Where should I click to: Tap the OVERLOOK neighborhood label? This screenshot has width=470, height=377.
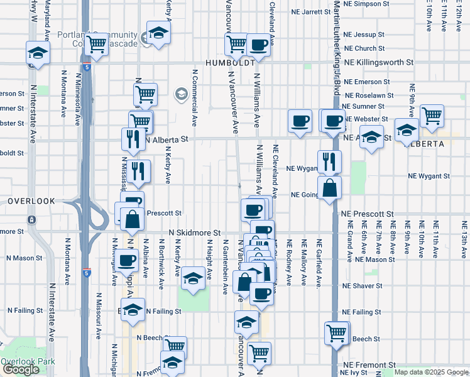pos(31,201)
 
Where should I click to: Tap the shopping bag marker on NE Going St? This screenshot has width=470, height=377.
pos(330,187)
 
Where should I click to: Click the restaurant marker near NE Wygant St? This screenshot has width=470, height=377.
pos(329,161)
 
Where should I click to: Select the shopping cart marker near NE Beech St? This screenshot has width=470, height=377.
pos(337,332)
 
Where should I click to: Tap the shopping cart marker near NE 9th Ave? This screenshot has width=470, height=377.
pos(432,116)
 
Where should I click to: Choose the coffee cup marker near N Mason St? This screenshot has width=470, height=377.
pos(127,260)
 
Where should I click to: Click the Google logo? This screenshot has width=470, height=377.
pos(21,369)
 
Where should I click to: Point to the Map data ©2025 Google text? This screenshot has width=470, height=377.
pos(432,373)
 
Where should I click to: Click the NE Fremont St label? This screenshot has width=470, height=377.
pos(369,364)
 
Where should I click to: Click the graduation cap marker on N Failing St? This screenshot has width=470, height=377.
pos(133,310)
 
